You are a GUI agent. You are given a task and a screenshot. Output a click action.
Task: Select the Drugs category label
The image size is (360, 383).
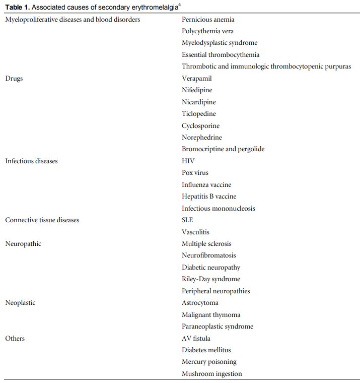tap(14, 79)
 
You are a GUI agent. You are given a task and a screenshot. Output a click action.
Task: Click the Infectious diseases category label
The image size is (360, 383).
tap(31, 161)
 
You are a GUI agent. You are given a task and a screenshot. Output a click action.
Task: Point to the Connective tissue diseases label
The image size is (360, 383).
tap(42, 220)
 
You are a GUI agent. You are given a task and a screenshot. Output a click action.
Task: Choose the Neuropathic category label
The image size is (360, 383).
tap(23, 244)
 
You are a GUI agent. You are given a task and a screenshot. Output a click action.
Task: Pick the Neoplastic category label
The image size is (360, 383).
tap(20, 303)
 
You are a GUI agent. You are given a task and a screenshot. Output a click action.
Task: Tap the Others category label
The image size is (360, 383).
tap(15, 338)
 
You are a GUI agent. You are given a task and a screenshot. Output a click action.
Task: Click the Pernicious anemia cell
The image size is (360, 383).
tap(208, 20)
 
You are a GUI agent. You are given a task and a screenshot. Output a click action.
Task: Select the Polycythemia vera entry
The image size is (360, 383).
tap(207, 31)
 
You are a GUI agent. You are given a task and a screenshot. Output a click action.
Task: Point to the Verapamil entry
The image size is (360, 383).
tap(197, 79)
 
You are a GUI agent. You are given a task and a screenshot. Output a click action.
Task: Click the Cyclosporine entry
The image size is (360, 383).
tap(200, 126)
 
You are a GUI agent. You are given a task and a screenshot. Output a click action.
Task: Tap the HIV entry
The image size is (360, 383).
tap(188, 161)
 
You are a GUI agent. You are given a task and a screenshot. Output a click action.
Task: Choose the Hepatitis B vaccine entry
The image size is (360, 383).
tap(209, 197)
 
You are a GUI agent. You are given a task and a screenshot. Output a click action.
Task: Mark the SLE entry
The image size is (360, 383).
tap(187, 220)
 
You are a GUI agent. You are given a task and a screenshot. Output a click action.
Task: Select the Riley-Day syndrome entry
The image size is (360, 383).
tap(211, 279)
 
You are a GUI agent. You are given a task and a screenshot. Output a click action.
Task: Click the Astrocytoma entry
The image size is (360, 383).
tap(200, 303)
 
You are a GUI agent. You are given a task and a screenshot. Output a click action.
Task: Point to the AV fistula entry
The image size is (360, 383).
tap(196, 338)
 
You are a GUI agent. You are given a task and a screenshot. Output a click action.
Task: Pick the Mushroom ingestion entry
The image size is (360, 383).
tap(212, 373)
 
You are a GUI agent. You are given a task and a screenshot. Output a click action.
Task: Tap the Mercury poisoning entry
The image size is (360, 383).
tap(209, 362)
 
